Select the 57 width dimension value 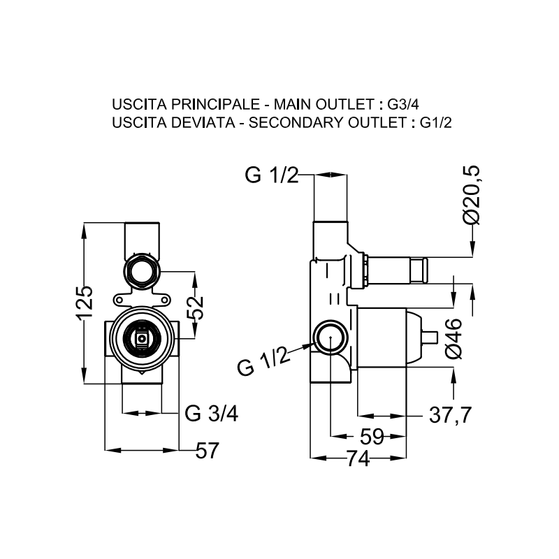click(x=207, y=451)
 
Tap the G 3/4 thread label click(x=212, y=414)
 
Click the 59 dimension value click(x=372, y=437)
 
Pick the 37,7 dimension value click(x=449, y=414)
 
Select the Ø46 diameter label click(x=454, y=338)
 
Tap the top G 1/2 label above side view click(x=272, y=175)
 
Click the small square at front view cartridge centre click(x=143, y=339)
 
